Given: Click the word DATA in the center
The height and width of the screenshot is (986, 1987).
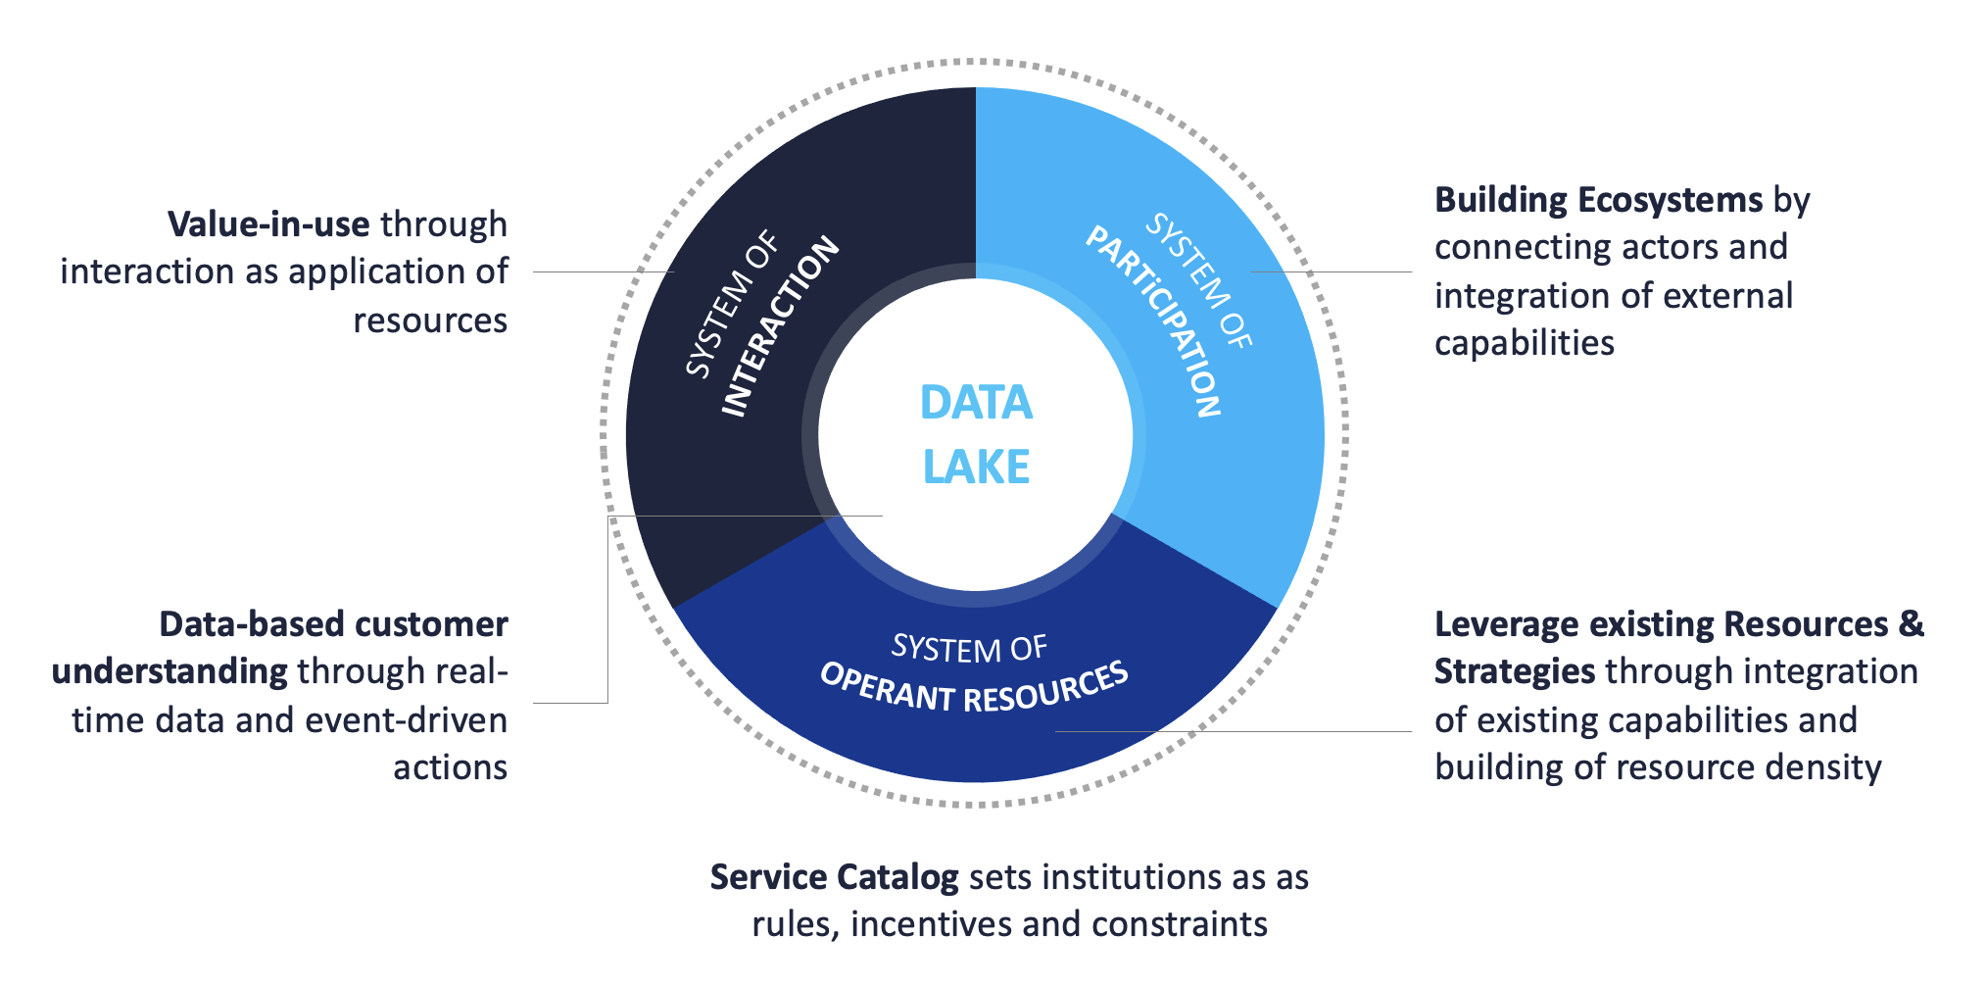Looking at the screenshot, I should coord(976,403).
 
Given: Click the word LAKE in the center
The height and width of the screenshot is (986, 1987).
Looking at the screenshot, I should coord(976,467).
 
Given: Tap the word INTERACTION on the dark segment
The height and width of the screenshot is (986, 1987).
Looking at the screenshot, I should coord(780,326).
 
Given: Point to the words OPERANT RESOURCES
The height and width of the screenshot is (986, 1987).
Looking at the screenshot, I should coord(974,687).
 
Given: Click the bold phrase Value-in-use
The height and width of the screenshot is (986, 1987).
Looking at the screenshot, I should coord(268,224).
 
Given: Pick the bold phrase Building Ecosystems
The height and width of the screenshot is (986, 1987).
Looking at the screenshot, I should coord(1598,200).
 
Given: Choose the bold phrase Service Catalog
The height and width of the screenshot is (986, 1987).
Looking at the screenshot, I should coord(834,876).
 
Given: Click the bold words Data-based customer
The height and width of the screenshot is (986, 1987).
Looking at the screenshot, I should coord(333,624).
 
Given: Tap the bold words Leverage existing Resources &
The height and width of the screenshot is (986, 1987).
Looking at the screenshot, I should coord(1678,624).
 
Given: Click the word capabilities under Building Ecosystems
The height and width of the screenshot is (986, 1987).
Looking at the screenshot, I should coord(1524,343).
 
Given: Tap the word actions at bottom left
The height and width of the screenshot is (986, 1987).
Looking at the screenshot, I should coord(450,766).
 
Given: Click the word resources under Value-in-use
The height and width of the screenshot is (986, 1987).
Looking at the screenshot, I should coord(430,320).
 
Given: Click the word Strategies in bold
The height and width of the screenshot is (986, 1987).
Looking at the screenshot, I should coord(1515,671).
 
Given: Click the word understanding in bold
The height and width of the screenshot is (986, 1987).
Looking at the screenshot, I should coord(170,671).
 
